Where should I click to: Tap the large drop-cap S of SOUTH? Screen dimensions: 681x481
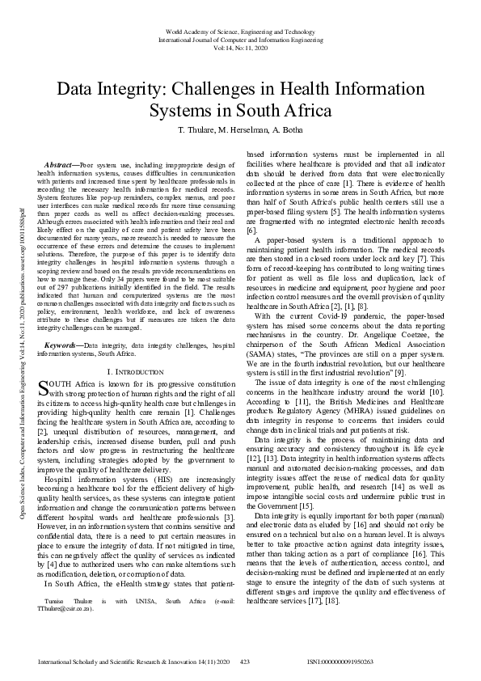tap(44, 387)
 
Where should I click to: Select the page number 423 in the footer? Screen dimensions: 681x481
tap(245, 662)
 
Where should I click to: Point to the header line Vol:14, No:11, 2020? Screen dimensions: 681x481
tap(240, 47)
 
